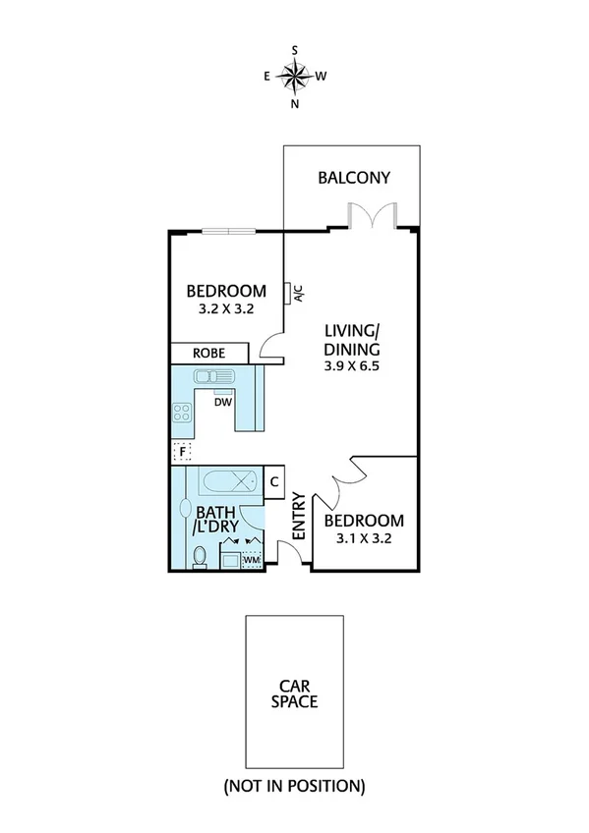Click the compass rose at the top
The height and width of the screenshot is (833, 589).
[295, 75]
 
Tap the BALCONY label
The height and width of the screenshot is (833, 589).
[354, 178]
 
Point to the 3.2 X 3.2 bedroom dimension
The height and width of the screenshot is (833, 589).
[226, 309]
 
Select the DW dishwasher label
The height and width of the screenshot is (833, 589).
[223, 402]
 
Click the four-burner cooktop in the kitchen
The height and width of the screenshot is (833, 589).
[183, 413]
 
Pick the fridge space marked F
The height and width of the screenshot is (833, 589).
[181, 452]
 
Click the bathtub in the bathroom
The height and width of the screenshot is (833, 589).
[228, 482]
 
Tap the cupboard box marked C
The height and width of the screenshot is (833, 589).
[274, 481]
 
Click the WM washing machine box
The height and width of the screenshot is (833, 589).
[253, 559]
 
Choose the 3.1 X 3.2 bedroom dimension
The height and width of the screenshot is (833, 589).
[364, 537]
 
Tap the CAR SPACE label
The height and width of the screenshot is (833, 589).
[296, 694]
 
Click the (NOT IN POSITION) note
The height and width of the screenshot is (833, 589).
[294, 786]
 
